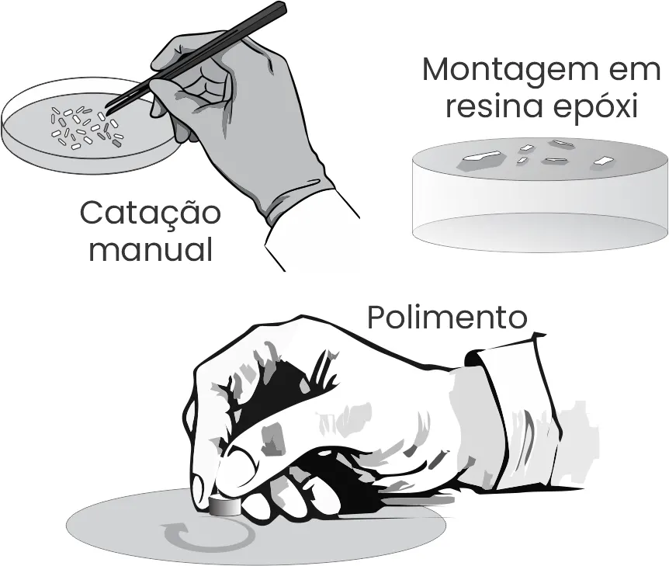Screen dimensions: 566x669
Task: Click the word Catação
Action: click(150, 214)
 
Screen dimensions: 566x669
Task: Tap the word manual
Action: click(151, 250)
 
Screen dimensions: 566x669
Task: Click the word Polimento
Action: click(446, 317)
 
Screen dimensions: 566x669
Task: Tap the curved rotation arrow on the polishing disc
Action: click(206, 535)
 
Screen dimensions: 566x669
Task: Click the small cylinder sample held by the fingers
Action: click(224, 507)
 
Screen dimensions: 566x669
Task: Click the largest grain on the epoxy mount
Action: click(476, 161)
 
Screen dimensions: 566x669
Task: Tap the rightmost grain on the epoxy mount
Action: click(602, 161)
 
